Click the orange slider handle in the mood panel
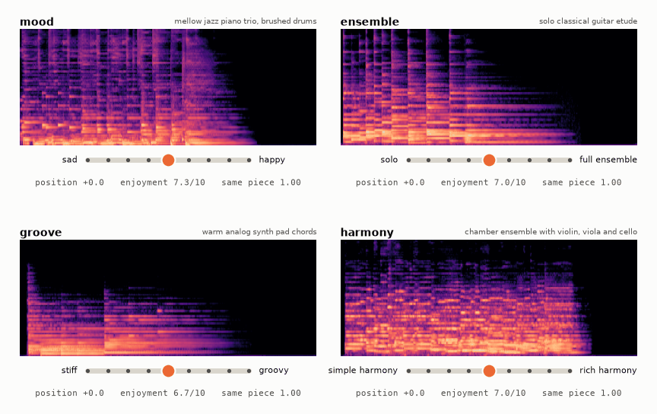tap(168, 160)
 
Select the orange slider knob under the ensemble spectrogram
tap(489, 160)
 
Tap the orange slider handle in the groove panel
tap(168, 371)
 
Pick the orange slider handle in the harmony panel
tap(489, 371)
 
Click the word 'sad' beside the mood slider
tap(69, 159)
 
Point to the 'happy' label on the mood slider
tap(271, 160)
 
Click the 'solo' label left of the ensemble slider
tap(389, 159)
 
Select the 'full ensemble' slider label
tap(608, 159)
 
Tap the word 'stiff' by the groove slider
tap(69, 370)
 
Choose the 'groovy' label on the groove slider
tap(274, 371)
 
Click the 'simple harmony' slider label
tap(363, 371)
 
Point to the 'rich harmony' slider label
tap(608, 371)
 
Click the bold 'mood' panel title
tap(36, 22)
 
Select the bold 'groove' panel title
tap(40, 233)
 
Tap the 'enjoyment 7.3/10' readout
tap(163, 183)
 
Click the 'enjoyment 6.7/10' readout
tap(163, 393)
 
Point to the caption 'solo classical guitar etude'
tap(588, 21)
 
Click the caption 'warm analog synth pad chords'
tap(259, 232)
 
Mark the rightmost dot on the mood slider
tap(249, 160)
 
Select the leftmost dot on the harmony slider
tap(408, 371)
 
